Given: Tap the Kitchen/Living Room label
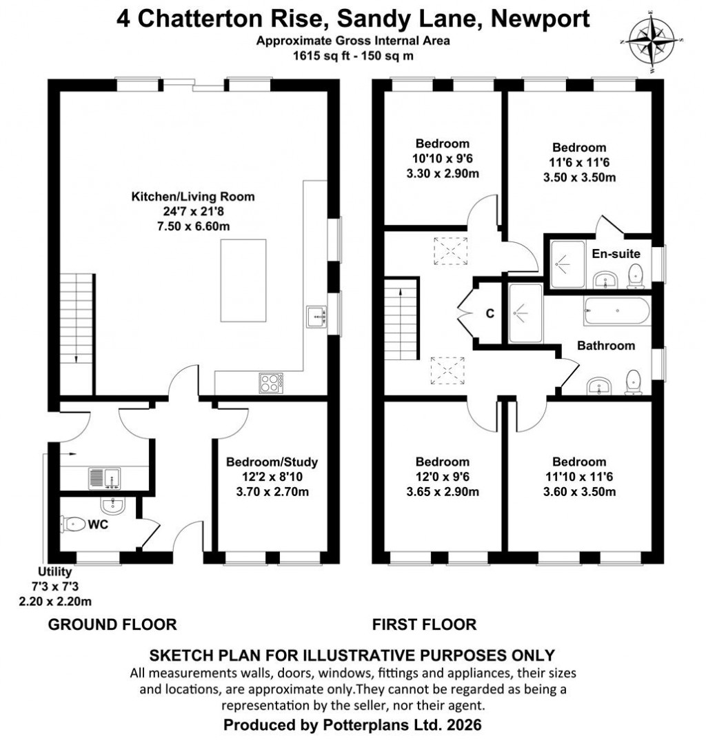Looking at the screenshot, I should coord(193,197).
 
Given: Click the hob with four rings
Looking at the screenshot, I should coord(270,383).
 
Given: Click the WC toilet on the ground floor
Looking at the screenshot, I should coord(74,524).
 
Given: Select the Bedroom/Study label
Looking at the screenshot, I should coord(272,462).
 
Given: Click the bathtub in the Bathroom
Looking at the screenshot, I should coord(616,313).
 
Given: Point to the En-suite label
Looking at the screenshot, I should coord(616,254).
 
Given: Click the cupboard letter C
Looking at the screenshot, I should coord(490,314).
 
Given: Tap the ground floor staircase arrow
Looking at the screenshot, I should coord(75,357).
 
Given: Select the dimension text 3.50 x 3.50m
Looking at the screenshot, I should coord(579,177).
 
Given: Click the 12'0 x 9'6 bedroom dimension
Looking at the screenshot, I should coord(443,477).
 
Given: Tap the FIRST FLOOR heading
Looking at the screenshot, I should coord(424,625).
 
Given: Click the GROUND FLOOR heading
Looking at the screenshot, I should coord(112,625).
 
